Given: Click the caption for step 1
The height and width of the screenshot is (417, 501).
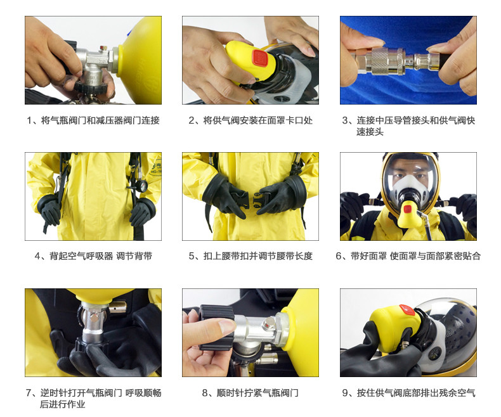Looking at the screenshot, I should click(93, 120).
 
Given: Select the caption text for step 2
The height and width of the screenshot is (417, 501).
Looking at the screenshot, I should click(251, 120).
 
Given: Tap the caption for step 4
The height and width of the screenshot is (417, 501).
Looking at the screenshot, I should click(93, 256).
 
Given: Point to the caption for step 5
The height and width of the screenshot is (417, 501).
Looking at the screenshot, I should click(251, 256).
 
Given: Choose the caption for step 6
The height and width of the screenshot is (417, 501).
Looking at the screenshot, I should click(408, 256).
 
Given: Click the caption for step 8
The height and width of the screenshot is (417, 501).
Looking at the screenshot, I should click(251, 393).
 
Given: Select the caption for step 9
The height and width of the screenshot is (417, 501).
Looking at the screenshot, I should click(408, 393).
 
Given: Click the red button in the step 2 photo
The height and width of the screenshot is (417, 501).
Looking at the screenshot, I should click(258, 58).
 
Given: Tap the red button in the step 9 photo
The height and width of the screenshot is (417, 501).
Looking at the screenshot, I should click(407, 311).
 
